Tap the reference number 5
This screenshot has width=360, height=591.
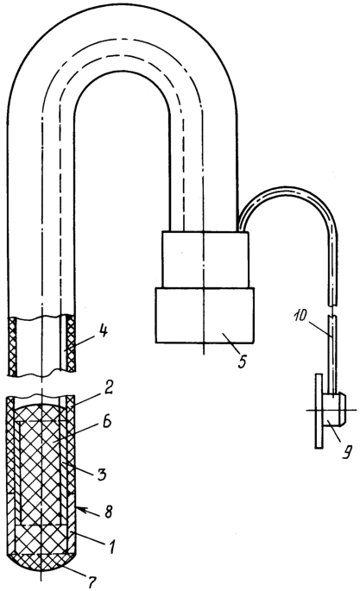pos(242,361)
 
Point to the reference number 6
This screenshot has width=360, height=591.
pos(106,422)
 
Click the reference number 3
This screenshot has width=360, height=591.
pos(101,473)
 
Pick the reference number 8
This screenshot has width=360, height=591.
pos(108,512)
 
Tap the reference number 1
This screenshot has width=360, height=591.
pos(112,545)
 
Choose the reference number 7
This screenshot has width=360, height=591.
pos(93,582)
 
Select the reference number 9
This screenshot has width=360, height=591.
pos(345,450)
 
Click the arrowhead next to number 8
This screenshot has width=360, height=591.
pos(81,510)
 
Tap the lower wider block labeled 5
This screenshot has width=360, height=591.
pos(205,315)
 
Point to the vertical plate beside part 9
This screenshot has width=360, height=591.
pos(319,411)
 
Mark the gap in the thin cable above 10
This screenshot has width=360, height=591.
pos(332,311)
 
